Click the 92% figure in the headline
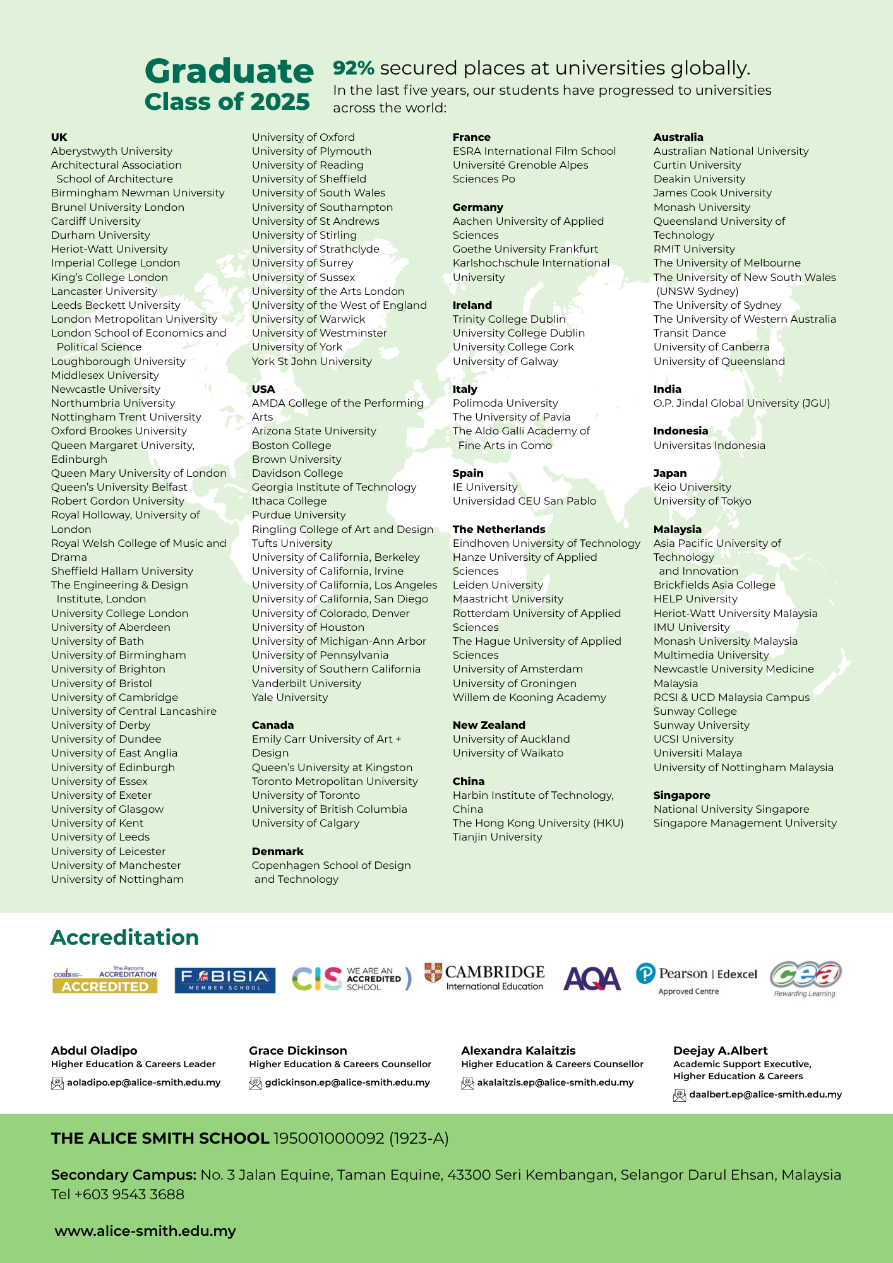pos(354,68)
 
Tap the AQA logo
pos(592,979)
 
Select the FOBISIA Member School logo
pos(225,980)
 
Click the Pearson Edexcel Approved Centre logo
pos(696,979)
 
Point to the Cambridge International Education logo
pos(484,977)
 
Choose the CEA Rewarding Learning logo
pos(805,978)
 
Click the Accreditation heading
pos(124,937)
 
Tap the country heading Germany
pos(477,207)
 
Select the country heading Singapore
pos(681,795)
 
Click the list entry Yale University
pos(290,697)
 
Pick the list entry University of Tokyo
pos(702,501)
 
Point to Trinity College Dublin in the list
pos(509,319)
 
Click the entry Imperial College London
pos(116,263)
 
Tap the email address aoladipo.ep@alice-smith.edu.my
pos(144,1082)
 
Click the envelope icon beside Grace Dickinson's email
pos(255,1083)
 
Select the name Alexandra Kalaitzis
pos(518,1050)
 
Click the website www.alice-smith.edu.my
pos(145,1231)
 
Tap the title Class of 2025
pos(227,102)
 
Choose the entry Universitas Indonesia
pos(709,445)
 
